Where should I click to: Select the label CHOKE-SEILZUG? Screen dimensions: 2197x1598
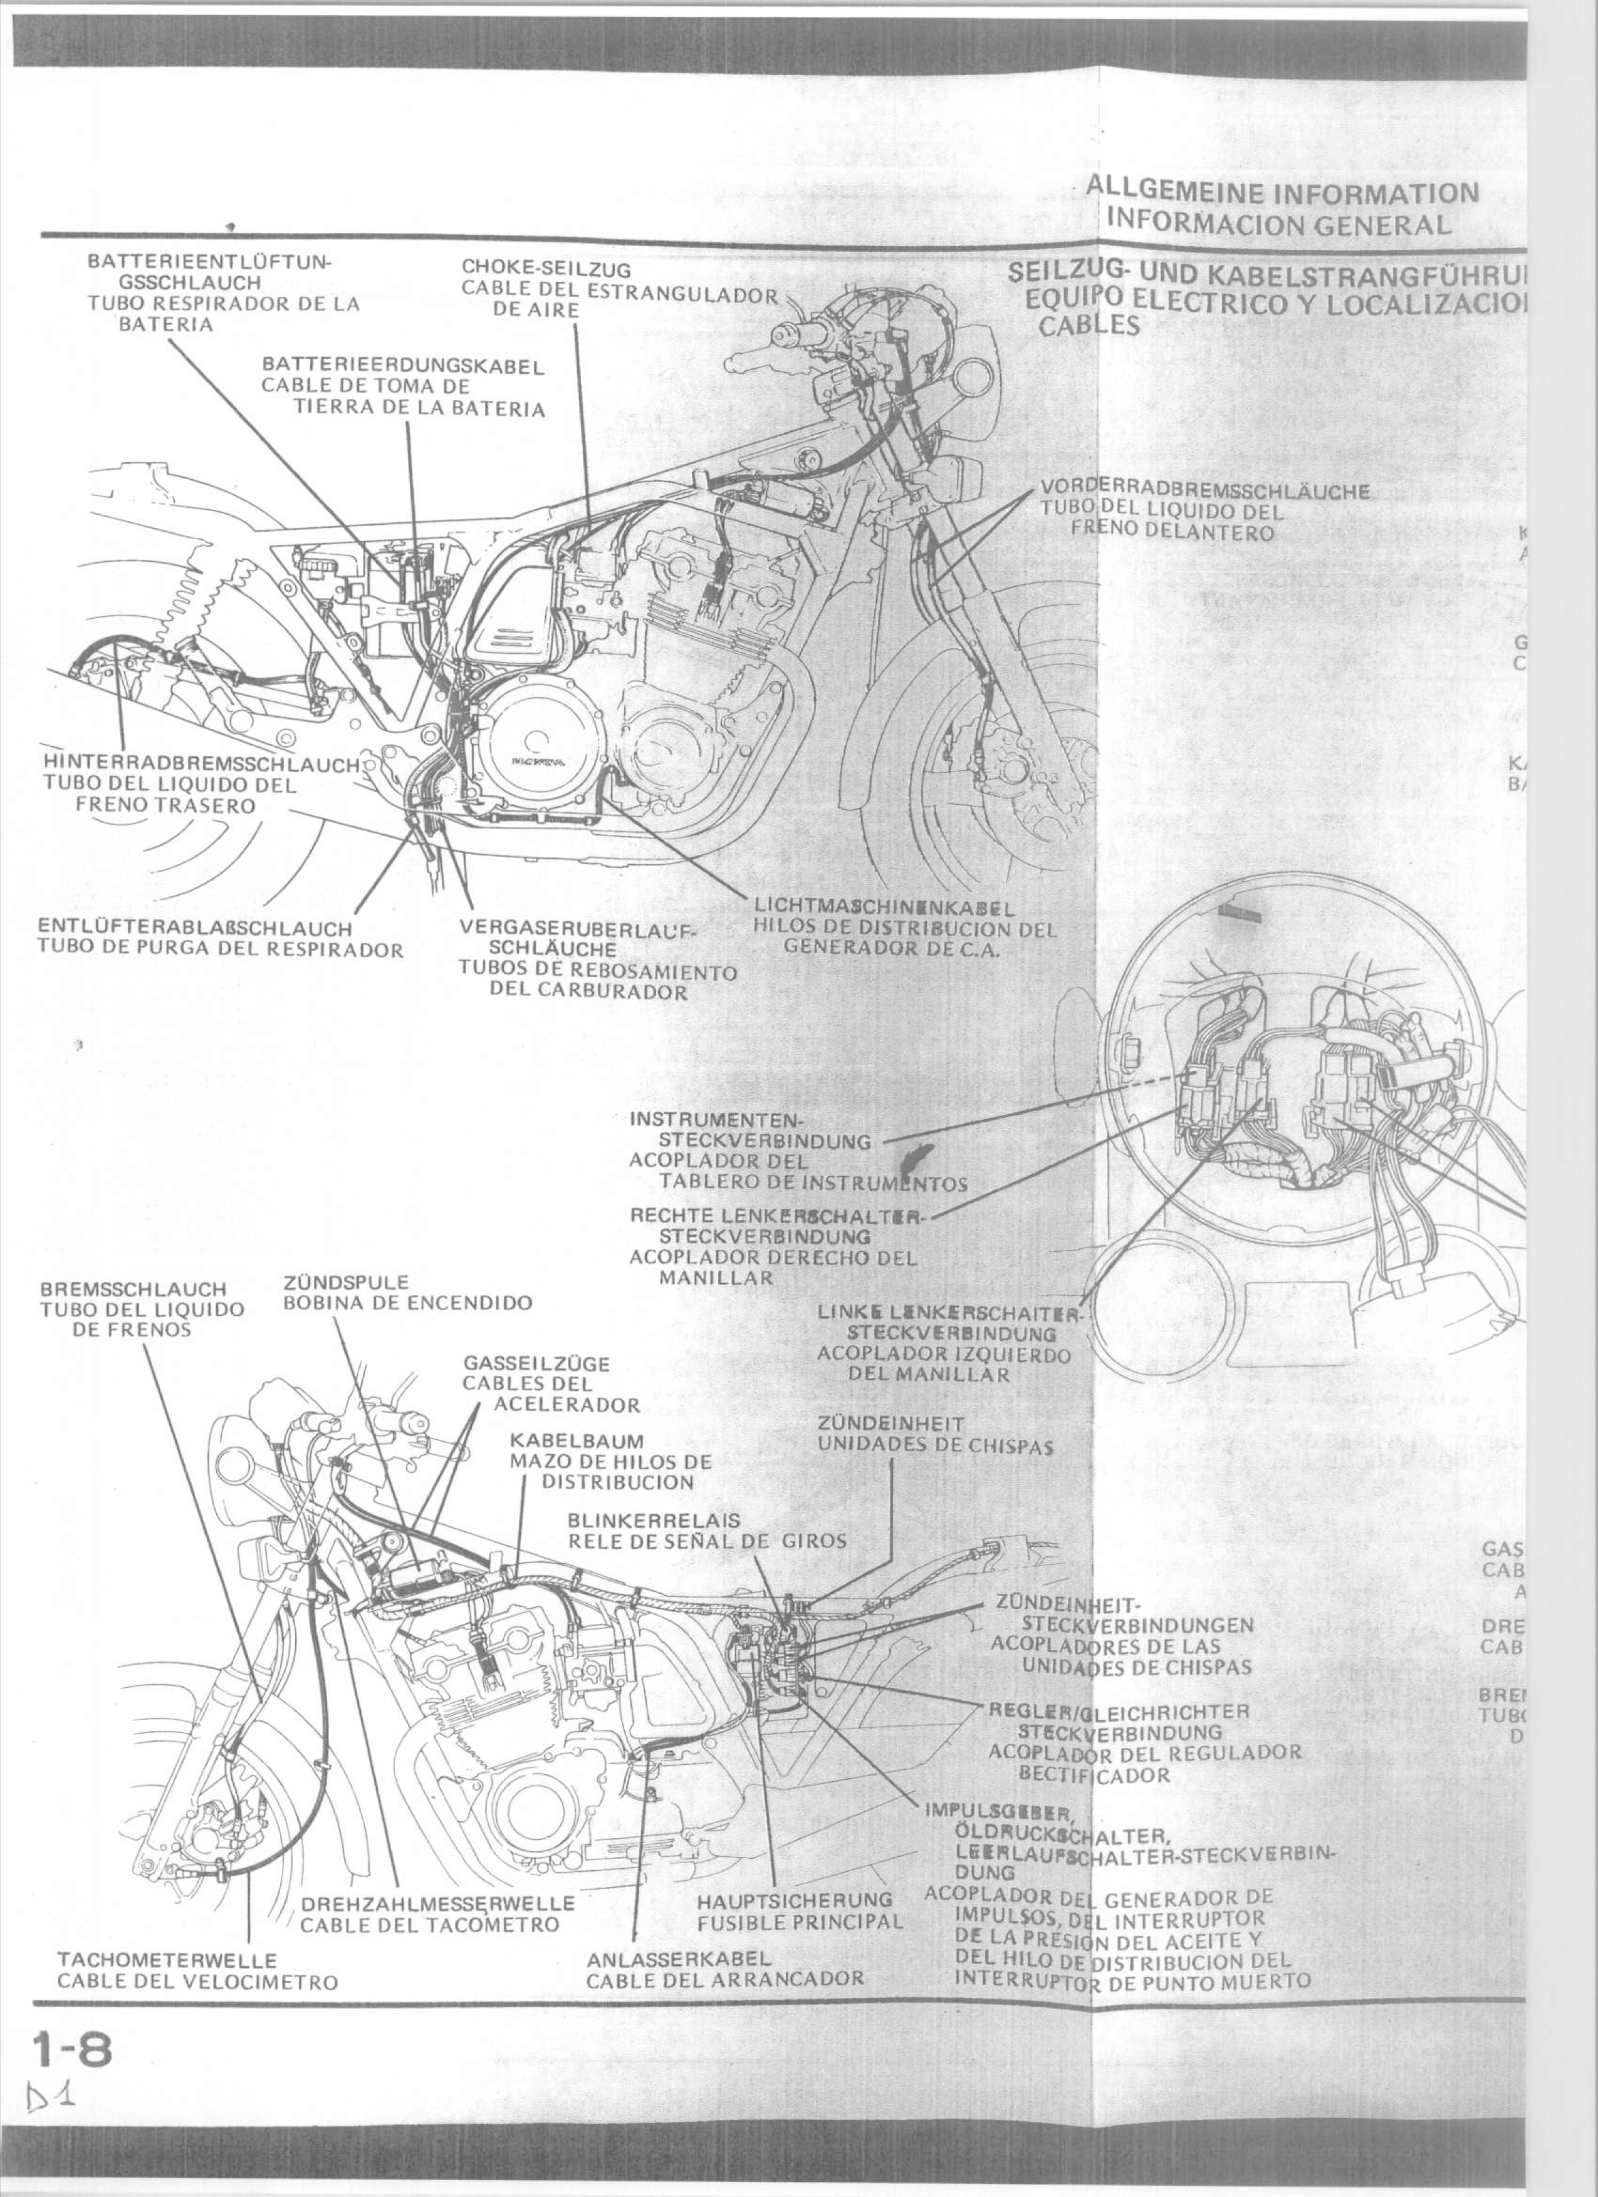point(546,267)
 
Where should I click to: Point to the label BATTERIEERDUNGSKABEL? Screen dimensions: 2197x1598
point(403,367)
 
